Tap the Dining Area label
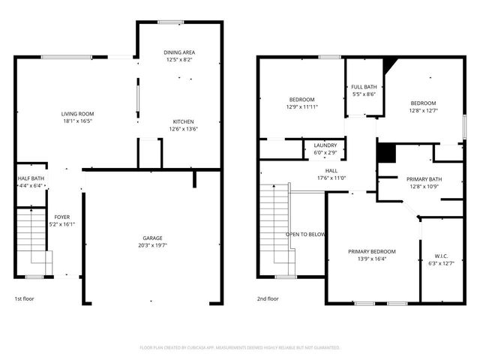coord(179,52)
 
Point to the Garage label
coord(152,237)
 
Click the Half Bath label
coord(31,178)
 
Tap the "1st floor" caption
coord(25,298)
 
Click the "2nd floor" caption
coord(268,298)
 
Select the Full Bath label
coord(364,87)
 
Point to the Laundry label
coord(325,145)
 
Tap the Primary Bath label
coord(424,179)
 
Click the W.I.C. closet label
coord(440,256)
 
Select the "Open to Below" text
coord(306,234)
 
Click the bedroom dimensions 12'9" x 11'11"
coord(302,107)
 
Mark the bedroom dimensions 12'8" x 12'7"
coord(423,111)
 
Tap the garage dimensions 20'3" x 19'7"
coord(152,244)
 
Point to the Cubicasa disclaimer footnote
coord(240,347)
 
